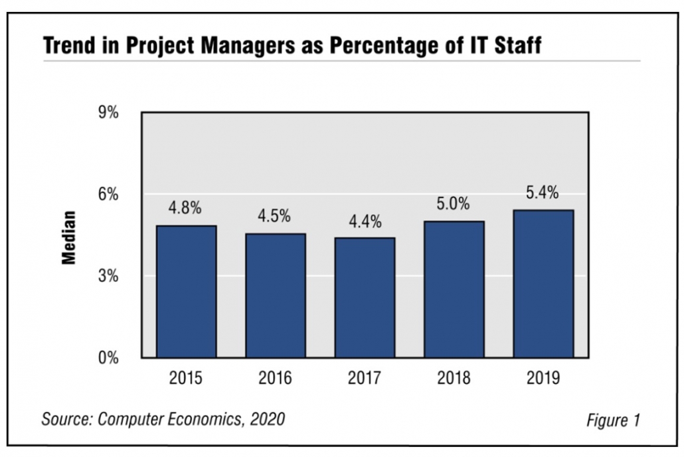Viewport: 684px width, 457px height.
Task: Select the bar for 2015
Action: pos(186,292)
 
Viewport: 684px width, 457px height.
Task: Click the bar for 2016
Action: pos(276,296)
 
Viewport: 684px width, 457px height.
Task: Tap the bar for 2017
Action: pos(365,298)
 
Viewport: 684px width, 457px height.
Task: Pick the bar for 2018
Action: pos(454,290)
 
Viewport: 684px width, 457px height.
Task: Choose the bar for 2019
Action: pos(543,284)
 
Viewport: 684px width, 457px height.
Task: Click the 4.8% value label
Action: pos(185,208)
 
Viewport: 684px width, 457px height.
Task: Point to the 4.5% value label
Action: pos(274,217)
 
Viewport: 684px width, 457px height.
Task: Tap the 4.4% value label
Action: pos(365,222)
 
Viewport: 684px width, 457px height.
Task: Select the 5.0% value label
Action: pos(453,204)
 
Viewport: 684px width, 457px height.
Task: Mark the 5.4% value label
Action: pos(543,194)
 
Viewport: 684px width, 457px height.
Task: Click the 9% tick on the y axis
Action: pos(108,112)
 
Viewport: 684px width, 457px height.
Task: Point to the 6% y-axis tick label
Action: pos(108,194)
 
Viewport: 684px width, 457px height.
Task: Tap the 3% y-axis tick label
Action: pos(108,276)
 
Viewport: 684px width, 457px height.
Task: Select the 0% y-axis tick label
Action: pos(108,358)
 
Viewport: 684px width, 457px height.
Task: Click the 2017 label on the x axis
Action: pos(365,379)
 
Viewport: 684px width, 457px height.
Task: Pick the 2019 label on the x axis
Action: pos(543,379)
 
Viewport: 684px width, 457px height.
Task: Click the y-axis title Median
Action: pos(68,237)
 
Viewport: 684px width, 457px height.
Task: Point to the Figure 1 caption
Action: pos(612,420)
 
